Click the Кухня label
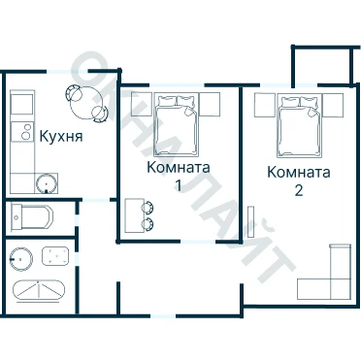coord(61,137)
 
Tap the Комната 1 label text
coord(179,176)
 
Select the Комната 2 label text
coord(299,180)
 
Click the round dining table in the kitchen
coord(86,103)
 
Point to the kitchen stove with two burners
coord(22,132)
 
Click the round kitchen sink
coord(47,183)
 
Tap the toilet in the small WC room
coord(31,216)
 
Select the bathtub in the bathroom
coord(39,290)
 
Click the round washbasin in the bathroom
coord(21,259)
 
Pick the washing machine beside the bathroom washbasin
coord(55,256)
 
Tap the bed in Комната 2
coord(300,125)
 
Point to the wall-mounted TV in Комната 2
coord(251,221)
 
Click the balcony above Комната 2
coord(321,66)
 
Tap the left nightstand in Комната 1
coord(142,104)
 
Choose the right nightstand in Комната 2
coord(333,105)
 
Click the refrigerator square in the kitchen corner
coord(22,103)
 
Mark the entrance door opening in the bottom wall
coord(164,315)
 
